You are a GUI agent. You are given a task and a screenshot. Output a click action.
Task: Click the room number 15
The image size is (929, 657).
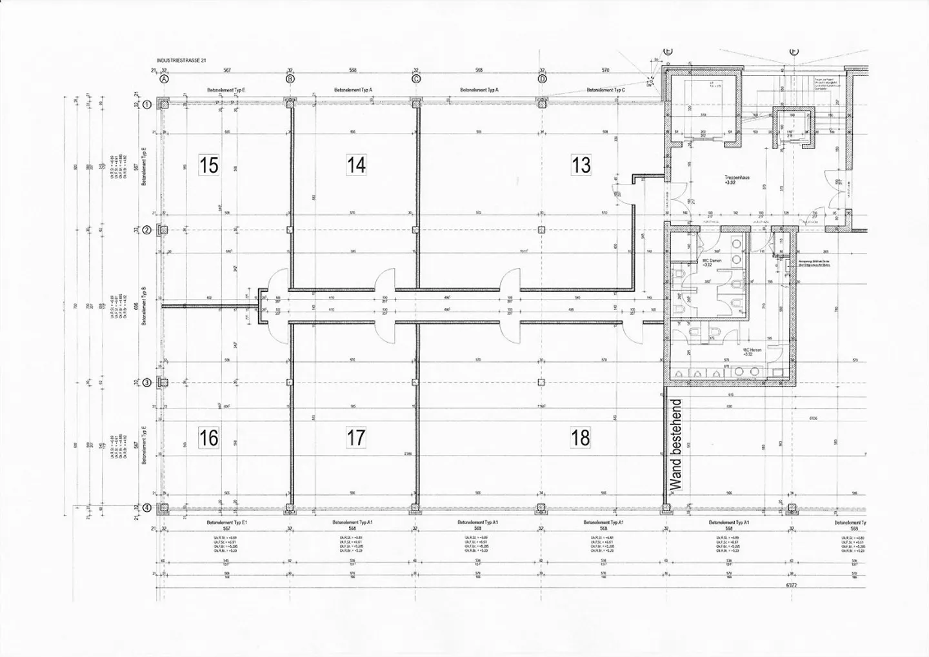point(208,165)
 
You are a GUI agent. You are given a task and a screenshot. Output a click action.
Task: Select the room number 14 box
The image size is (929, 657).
point(356,165)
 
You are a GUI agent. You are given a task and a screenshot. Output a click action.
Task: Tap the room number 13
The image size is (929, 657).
point(581,165)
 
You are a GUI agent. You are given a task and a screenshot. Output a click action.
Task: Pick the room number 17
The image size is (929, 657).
point(356,438)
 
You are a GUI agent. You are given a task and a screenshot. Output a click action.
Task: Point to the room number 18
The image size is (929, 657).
point(580,438)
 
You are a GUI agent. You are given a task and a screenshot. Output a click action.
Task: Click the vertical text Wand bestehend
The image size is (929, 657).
point(677,445)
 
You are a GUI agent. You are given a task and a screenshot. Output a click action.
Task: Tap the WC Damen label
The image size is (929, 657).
point(712,261)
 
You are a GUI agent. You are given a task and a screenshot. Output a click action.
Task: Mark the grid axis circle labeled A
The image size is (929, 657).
point(164,79)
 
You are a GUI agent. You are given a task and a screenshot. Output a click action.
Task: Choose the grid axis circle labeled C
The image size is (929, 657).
point(416,79)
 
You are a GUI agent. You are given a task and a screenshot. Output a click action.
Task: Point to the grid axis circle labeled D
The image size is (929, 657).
point(542,79)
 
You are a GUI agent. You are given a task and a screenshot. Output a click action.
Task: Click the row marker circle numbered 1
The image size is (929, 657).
point(146,105)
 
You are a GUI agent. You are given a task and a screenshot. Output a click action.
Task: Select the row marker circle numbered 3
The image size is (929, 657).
point(146,383)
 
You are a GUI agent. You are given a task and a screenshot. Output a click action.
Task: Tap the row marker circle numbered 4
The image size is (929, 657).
point(146,507)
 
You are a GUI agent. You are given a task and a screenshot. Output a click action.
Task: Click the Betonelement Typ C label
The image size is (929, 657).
point(605,91)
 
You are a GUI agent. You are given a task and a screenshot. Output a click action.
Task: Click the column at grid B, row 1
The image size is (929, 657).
point(290,103)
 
